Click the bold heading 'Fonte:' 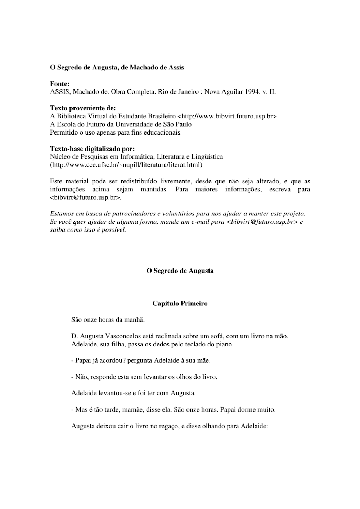click(x=60, y=84)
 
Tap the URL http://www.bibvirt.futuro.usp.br click(x=227, y=116)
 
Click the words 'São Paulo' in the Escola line click(x=179, y=124)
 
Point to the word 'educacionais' click(x=164, y=132)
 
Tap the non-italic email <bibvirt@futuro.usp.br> click(x=86, y=197)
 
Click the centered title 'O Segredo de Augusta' click(x=180, y=271)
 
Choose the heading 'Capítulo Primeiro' click(x=180, y=303)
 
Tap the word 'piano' click(x=225, y=344)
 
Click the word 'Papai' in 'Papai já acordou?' click(x=83, y=360)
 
